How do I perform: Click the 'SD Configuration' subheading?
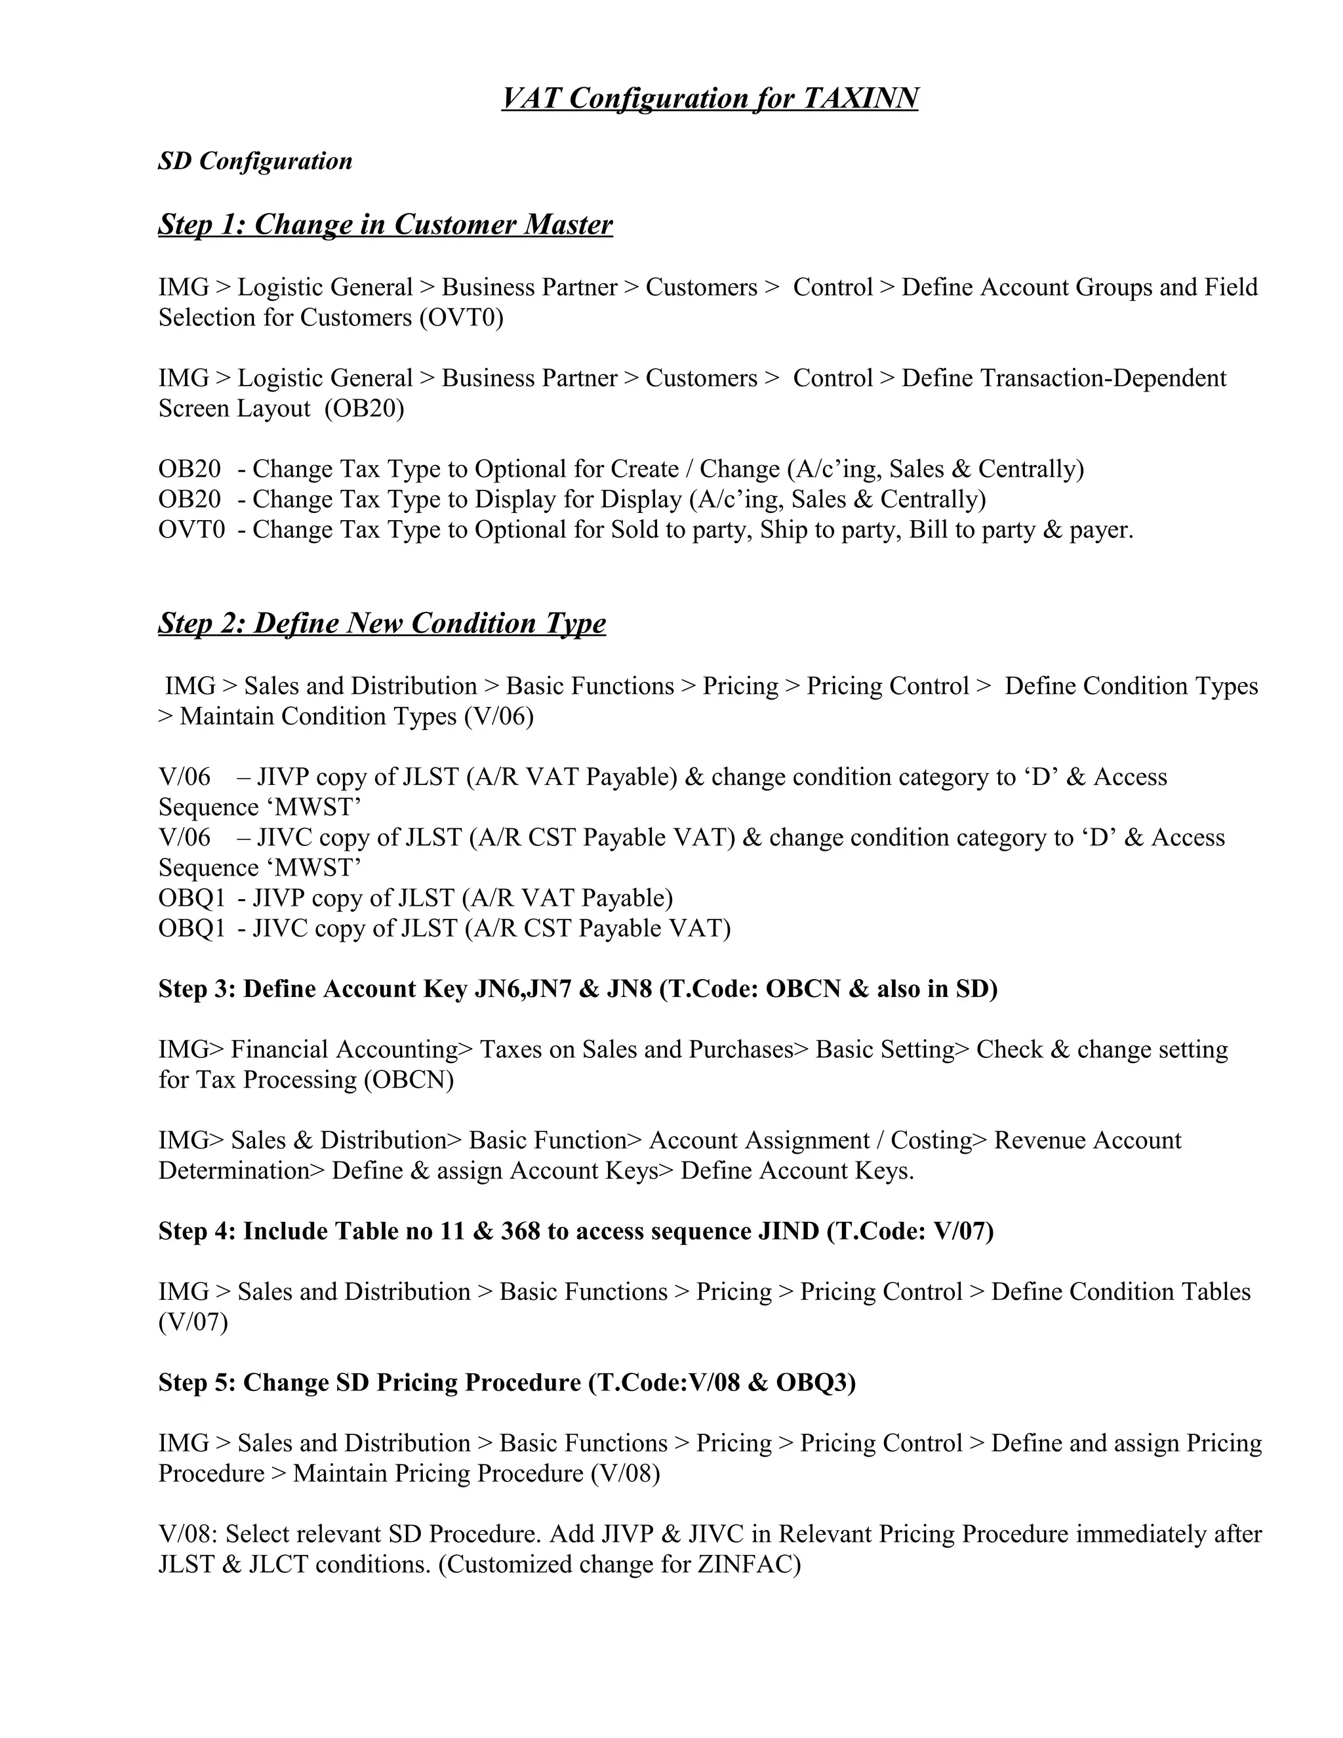pyautogui.click(x=254, y=161)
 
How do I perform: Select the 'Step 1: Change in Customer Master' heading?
pyautogui.click(x=385, y=224)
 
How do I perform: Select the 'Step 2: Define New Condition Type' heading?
pyautogui.click(x=382, y=622)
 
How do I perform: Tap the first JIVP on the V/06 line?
pyautogui.click(x=281, y=777)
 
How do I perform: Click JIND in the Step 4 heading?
pyautogui.click(x=788, y=1231)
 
